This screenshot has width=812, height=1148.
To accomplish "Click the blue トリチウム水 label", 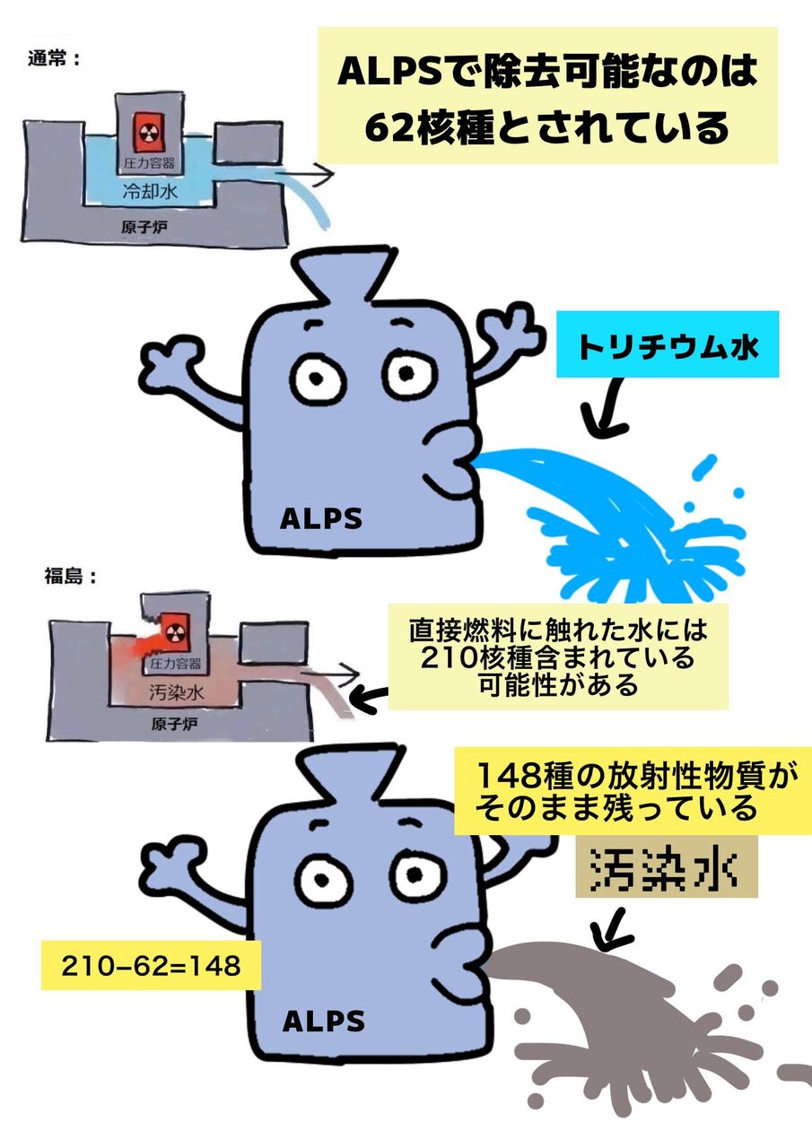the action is tap(668, 346).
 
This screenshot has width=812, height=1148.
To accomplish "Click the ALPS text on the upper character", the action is tap(321, 518).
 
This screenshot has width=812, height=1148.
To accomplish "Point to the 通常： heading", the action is tap(55, 60).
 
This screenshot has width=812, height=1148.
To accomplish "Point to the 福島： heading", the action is tap(70, 576).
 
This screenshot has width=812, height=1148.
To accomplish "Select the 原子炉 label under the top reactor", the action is tap(144, 227).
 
